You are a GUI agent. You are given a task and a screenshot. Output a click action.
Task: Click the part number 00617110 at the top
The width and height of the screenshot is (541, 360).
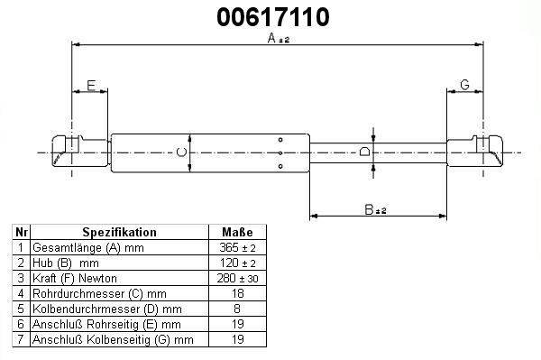[273, 17]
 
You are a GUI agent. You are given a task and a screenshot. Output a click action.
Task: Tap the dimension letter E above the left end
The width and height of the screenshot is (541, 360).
[91, 85]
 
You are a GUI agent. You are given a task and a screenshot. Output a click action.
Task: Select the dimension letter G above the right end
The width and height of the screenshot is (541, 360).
[464, 85]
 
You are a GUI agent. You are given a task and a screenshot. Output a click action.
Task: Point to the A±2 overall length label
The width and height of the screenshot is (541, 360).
[278, 38]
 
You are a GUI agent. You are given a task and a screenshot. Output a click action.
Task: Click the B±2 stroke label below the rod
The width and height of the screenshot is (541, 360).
[375, 209]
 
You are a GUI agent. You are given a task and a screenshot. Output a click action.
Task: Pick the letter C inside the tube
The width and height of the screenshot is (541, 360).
[181, 152]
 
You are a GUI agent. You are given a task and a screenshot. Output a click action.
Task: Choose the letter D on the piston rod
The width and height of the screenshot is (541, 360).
[364, 152]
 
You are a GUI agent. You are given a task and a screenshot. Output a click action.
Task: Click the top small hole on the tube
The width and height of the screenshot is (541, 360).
[280, 140]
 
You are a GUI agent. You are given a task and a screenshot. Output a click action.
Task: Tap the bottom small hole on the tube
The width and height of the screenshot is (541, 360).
[280, 166]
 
